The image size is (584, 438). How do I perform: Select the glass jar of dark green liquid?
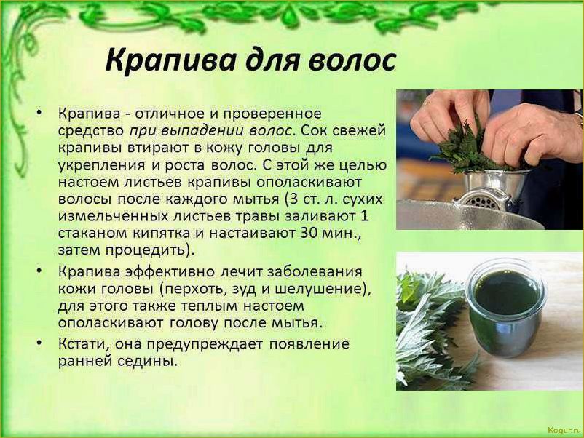click(x=505, y=306)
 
